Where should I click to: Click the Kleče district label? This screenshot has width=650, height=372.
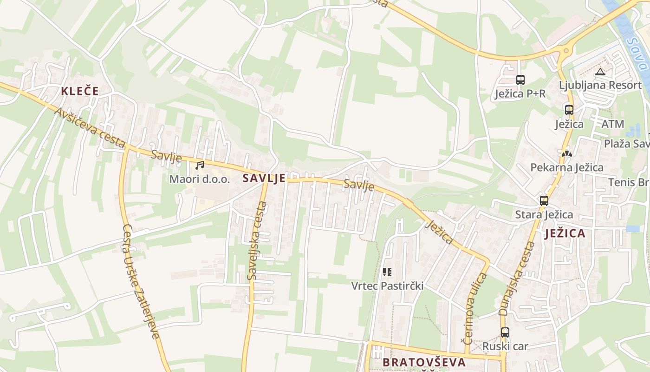80,91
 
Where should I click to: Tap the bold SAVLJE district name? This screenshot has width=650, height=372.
264,178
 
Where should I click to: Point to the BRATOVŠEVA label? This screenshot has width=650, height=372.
424,362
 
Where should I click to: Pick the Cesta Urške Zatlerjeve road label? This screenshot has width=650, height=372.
142,281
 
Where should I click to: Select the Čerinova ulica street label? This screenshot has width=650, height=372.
475,308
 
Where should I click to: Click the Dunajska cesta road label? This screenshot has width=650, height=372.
517,279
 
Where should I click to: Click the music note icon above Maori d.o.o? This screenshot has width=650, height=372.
200,166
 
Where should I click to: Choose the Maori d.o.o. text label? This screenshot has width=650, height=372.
200,179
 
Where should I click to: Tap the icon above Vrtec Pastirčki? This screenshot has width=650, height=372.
387,272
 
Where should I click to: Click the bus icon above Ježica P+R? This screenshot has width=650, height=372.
520,80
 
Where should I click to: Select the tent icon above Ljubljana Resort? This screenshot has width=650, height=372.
600,72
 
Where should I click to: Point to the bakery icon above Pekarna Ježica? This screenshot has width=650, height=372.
566,153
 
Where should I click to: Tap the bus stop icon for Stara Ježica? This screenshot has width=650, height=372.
544,201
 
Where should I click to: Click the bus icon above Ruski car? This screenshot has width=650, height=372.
505,332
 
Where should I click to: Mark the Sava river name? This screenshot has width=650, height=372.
637,54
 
